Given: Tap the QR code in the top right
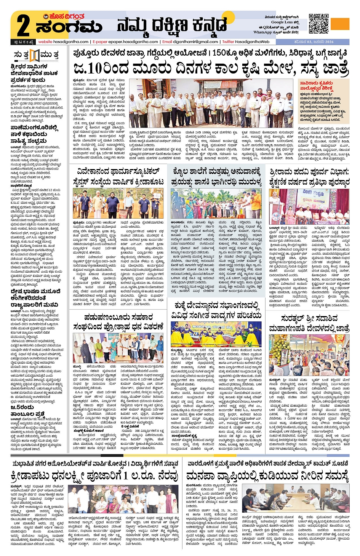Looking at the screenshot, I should [x=318, y=24].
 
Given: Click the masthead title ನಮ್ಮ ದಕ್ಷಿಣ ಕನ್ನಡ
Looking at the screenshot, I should [x=172, y=26].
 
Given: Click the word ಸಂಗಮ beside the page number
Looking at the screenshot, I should [x=69, y=28].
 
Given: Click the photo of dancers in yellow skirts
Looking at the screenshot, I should [x=216, y=334].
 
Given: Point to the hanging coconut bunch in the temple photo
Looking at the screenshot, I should [x=277, y=349].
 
